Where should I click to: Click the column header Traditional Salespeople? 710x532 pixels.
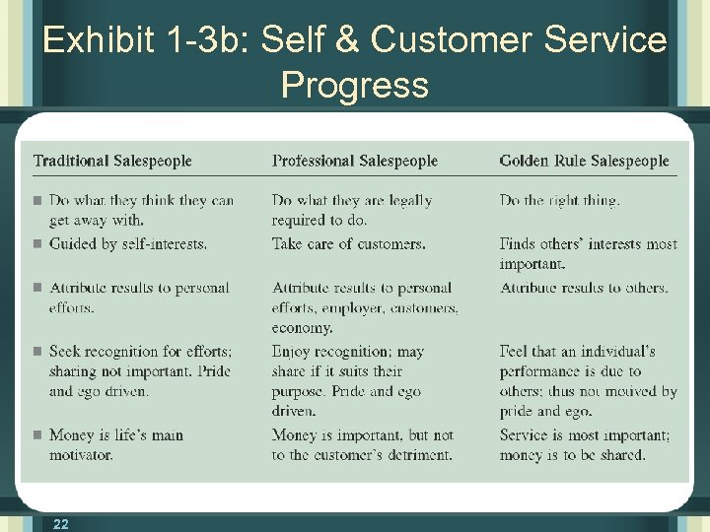(112, 161)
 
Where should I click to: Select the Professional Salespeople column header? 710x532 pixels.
(355, 161)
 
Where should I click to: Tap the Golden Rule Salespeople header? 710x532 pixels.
(584, 161)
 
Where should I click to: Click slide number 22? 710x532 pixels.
(61, 524)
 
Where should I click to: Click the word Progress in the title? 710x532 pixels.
(355, 85)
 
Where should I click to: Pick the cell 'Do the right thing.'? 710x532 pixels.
(559, 200)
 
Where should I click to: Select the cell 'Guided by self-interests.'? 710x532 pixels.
(128, 243)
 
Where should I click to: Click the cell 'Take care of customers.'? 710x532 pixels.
(349, 243)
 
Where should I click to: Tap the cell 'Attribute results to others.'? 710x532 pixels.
(584, 288)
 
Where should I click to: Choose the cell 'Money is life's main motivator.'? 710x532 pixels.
(116, 444)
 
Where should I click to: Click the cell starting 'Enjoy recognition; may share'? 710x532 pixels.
(348, 380)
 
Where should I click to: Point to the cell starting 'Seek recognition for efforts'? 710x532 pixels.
(140, 370)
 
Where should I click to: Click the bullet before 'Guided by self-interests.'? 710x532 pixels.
(36, 243)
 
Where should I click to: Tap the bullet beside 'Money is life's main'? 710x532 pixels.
(36, 435)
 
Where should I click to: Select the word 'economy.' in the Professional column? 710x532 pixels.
(302, 328)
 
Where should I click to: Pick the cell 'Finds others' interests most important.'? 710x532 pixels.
(588, 253)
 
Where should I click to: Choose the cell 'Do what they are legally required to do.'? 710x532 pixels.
(352, 210)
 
